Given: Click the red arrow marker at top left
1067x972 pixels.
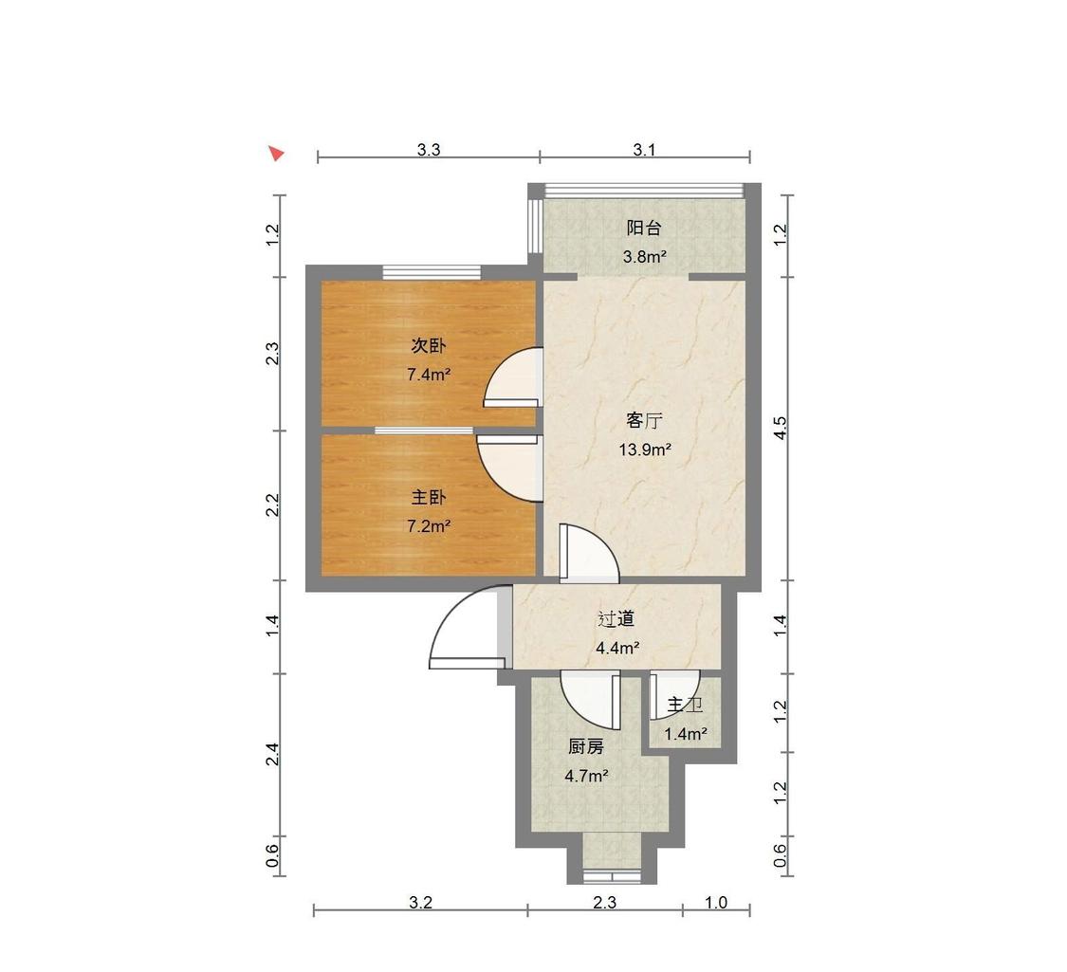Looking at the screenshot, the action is coord(276,153).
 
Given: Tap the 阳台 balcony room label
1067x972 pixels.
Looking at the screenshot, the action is coord(644,228).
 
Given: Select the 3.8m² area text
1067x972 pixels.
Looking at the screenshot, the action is coord(644,256).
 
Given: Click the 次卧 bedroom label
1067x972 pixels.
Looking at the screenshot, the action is coord(429,345).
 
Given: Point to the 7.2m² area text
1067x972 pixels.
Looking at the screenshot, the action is coord(429,525).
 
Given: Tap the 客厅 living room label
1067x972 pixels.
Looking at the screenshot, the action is coord(644,420).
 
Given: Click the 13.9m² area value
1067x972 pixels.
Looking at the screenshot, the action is coord(645,449).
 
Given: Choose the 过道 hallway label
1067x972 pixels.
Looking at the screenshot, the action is coord(616,619).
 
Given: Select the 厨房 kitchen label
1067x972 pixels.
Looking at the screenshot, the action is coord(586,747).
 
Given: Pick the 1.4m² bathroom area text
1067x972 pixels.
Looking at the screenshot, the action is coord(685,734).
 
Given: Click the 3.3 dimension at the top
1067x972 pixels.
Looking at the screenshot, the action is coord(429,150).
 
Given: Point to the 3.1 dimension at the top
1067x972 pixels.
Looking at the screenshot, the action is coord(644,150).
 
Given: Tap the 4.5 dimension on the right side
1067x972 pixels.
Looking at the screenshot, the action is coord(781,428).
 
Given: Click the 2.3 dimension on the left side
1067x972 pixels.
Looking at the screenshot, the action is coord(272,354).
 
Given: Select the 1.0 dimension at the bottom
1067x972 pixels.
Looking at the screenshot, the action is coord(716,903).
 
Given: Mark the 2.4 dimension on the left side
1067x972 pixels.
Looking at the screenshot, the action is coord(272,754).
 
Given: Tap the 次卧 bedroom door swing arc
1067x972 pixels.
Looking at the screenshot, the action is coord(513,376).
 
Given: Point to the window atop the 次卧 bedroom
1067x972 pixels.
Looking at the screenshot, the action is coord(432,271).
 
